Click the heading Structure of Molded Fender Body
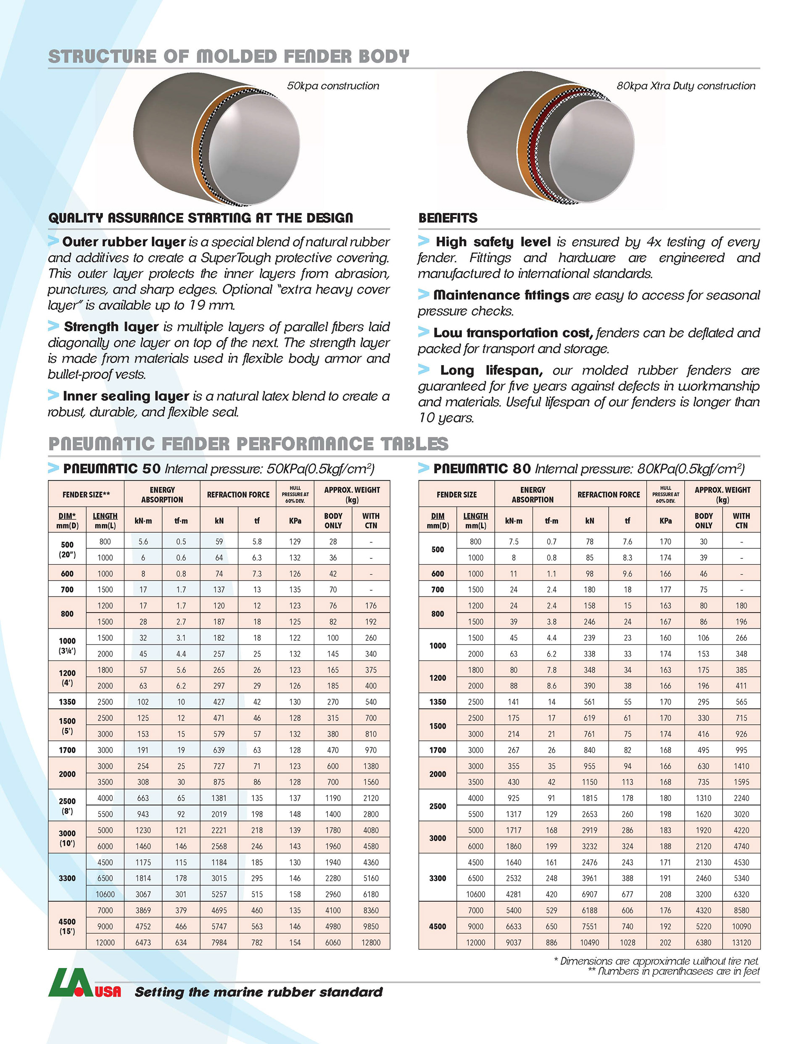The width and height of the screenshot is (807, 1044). point(229,56)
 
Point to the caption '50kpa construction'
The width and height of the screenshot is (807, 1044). point(333,86)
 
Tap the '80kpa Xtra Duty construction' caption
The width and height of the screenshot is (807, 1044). point(686,86)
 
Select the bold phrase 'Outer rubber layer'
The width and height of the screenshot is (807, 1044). point(124,242)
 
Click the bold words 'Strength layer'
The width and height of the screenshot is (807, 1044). point(111,327)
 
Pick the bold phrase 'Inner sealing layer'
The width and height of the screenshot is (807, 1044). point(126,396)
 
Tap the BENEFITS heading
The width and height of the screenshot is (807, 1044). point(448,218)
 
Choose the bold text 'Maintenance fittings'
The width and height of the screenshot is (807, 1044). point(501,295)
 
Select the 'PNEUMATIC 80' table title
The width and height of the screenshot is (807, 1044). point(482,469)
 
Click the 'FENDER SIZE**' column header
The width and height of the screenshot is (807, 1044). point(86,495)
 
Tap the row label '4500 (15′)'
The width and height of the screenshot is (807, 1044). point(67,926)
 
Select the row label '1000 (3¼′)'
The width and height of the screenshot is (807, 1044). point(67,646)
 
